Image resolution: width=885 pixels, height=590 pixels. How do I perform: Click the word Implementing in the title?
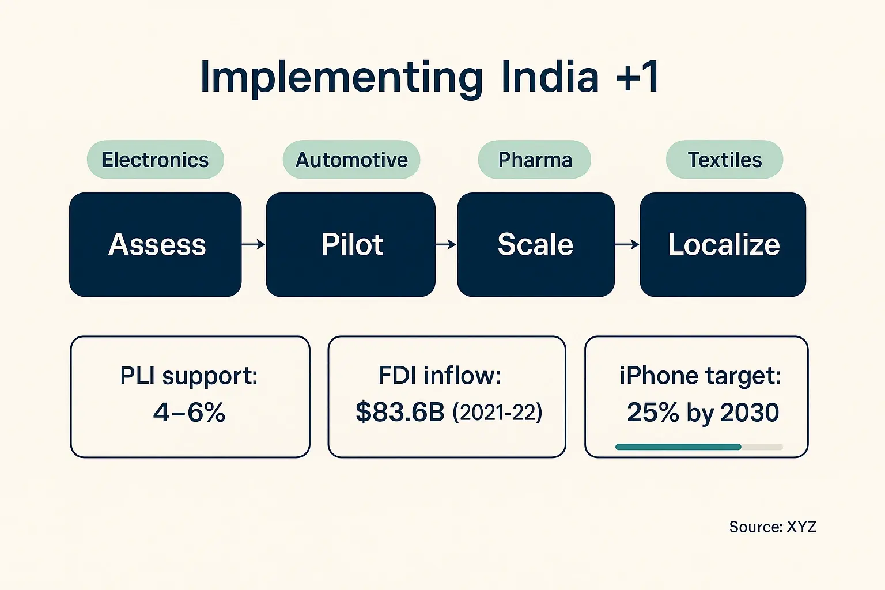click(341, 78)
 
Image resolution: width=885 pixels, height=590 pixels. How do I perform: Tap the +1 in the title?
click(637, 77)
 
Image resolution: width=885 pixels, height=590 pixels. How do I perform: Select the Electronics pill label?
click(155, 160)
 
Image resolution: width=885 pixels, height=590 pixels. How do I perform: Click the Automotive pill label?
click(351, 160)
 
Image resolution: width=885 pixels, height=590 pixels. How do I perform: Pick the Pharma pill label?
click(535, 160)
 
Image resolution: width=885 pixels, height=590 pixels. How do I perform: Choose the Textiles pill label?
click(724, 160)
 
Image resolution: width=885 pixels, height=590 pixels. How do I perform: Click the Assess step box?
click(156, 244)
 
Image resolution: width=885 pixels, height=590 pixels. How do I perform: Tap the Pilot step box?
click(351, 244)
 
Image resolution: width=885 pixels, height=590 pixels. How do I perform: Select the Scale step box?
click(536, 244)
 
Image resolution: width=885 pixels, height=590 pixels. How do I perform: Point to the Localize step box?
click(723, 244)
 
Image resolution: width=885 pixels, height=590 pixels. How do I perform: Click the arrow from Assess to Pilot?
click(254, 245)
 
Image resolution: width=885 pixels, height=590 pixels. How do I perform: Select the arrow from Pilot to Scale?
click(446, 245)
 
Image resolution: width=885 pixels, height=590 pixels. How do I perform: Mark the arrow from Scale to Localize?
click(627, 245)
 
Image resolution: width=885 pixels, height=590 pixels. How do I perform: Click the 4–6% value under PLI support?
click(189, 413)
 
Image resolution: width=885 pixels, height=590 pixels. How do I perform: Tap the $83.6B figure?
click(400, 413)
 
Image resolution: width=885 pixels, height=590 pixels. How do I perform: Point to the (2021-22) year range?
click(497, 413)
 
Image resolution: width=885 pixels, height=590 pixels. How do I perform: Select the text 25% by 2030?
click(703, 413)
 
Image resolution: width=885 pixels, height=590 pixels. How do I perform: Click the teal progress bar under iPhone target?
click(678, 447)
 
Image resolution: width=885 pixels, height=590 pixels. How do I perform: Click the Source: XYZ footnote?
click(772, 527)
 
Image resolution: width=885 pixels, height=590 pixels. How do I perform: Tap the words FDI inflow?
click(440, 376)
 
